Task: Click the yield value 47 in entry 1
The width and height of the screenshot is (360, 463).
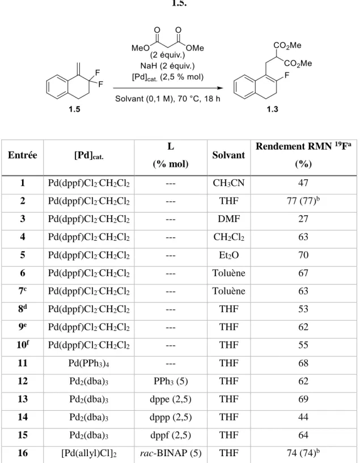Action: tap(303, 183)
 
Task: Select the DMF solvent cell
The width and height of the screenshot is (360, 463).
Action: tap(228, 219)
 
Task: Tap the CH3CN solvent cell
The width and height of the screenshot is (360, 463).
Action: tap(228, 184)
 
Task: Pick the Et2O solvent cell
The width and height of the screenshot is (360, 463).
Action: tap(228, 255)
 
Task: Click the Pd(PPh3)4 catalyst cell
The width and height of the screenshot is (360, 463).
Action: tap(88, 363)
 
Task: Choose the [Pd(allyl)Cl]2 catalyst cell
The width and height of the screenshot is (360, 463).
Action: tap(88, 453)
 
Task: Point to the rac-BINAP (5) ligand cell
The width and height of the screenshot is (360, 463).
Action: tap(171, 453)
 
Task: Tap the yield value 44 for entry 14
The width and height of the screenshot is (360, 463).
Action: tap(303, 417)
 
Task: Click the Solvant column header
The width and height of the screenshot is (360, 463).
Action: tap(228, 155)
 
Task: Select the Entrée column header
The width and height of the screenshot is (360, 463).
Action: tap(23, 155)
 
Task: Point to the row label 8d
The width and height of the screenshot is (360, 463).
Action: tap(23, 309)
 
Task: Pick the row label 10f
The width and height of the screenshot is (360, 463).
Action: tap(23, 345)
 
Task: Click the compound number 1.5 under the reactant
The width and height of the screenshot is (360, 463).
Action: tap(74, 109)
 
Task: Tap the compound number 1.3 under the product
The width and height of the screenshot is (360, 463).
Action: tap(272, 109)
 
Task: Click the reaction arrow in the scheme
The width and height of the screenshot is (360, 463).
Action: tap(168, 88)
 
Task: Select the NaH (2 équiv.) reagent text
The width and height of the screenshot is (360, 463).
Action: tap(167, 66)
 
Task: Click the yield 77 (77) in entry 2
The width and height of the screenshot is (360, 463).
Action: tap(303, 201)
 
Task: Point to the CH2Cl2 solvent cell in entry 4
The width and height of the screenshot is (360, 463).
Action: tap(228, 237)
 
